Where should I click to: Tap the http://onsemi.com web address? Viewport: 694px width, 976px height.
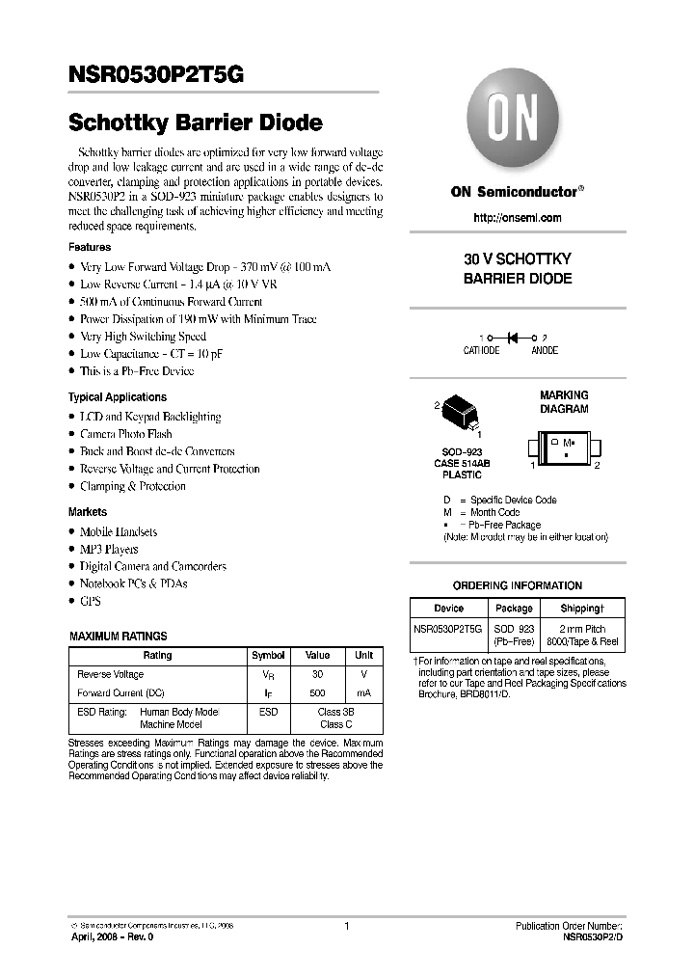(518, 218)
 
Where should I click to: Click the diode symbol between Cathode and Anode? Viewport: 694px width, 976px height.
(513, 338)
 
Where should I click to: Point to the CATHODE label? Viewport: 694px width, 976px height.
(481, 351)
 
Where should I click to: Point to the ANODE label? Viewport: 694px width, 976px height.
(544, 351)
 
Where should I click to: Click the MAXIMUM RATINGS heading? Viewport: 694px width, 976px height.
(119, 637)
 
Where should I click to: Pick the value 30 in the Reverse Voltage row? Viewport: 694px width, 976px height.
(318, 675)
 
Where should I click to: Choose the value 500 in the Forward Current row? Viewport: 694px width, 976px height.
(318, 693)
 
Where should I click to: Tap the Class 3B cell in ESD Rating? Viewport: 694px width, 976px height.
(336, 712)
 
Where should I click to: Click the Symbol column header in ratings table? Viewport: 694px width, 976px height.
(268, 656)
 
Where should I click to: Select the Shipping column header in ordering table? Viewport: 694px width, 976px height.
(582, 609)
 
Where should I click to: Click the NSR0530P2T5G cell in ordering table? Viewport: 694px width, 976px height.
(448, 628)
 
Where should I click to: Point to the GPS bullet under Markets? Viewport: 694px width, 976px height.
(90, 601)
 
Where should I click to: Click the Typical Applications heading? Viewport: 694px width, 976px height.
(117, 397)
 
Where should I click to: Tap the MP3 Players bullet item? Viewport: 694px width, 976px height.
(108, 549)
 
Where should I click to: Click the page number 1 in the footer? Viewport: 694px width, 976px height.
(346, 926)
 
